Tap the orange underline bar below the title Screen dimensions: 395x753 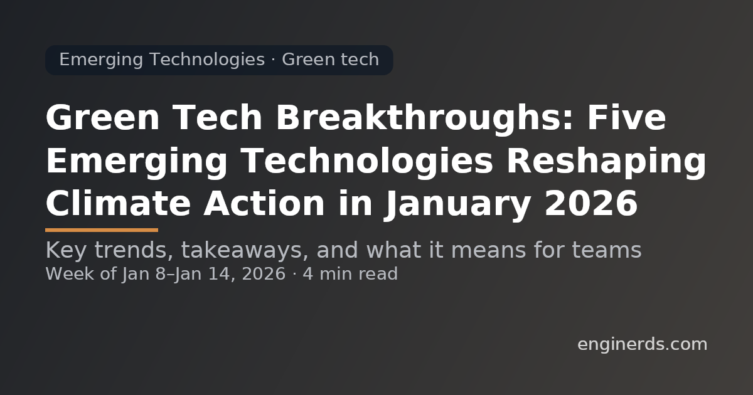[x=101, y=230]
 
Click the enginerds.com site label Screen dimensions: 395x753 [x=641, y=344]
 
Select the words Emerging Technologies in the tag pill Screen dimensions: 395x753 [x=161, y=60]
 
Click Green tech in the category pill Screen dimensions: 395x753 [x=330, y=60]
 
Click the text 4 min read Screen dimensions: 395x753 [x=350, y=274]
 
